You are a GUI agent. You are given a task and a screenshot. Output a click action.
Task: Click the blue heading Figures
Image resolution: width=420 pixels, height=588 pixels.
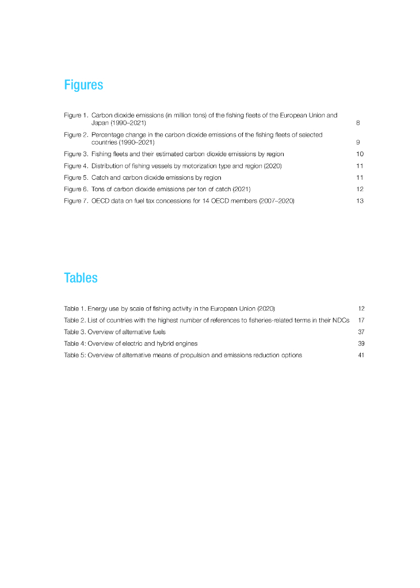coord(83,85)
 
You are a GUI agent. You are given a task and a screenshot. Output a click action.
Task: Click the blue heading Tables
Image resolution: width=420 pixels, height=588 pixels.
coord(81,278)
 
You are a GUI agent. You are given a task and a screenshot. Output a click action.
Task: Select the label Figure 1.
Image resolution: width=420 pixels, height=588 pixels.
coord(77,115)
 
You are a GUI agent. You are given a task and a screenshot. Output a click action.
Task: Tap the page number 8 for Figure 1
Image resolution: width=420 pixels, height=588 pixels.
coord(358,123)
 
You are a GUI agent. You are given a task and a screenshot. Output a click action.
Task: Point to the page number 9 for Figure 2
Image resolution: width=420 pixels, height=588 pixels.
coord(358,142)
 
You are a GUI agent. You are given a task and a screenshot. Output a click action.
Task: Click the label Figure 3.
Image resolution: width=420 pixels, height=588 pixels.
coord(77,154)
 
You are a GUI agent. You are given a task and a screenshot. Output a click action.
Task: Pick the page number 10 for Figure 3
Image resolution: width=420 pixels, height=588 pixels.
coord(360,154)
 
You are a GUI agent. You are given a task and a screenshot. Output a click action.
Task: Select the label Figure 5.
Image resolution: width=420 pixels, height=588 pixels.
coord(77,177)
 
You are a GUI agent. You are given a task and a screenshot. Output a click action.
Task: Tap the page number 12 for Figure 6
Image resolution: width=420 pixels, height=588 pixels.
coord(360,189)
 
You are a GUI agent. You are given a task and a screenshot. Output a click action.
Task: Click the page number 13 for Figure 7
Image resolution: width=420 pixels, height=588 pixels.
coord(360,201)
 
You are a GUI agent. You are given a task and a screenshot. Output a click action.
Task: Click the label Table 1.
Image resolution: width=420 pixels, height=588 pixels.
coord(75,308)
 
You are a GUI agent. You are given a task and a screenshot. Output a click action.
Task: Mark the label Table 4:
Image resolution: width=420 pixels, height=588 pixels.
coord(75,343)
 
